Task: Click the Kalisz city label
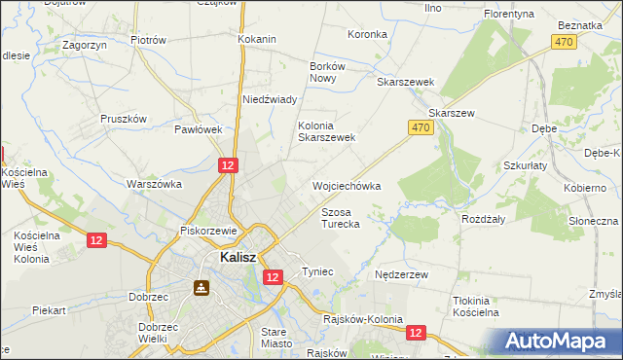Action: click(238, 258)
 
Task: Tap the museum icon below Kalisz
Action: click(202, 288)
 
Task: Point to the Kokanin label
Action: click(257, 40)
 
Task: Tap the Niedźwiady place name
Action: click(270, 99)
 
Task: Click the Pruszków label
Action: click(124, 119)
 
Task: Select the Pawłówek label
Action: click(200, 128)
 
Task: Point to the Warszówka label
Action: click(155, 183)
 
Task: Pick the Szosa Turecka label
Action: click(341, 218)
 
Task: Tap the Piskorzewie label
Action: click(209, 232)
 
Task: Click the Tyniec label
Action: click(318, 271)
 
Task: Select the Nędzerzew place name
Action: click(402, 275)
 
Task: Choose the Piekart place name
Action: click(48, 311)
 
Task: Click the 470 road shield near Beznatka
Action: click(563, 42)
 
